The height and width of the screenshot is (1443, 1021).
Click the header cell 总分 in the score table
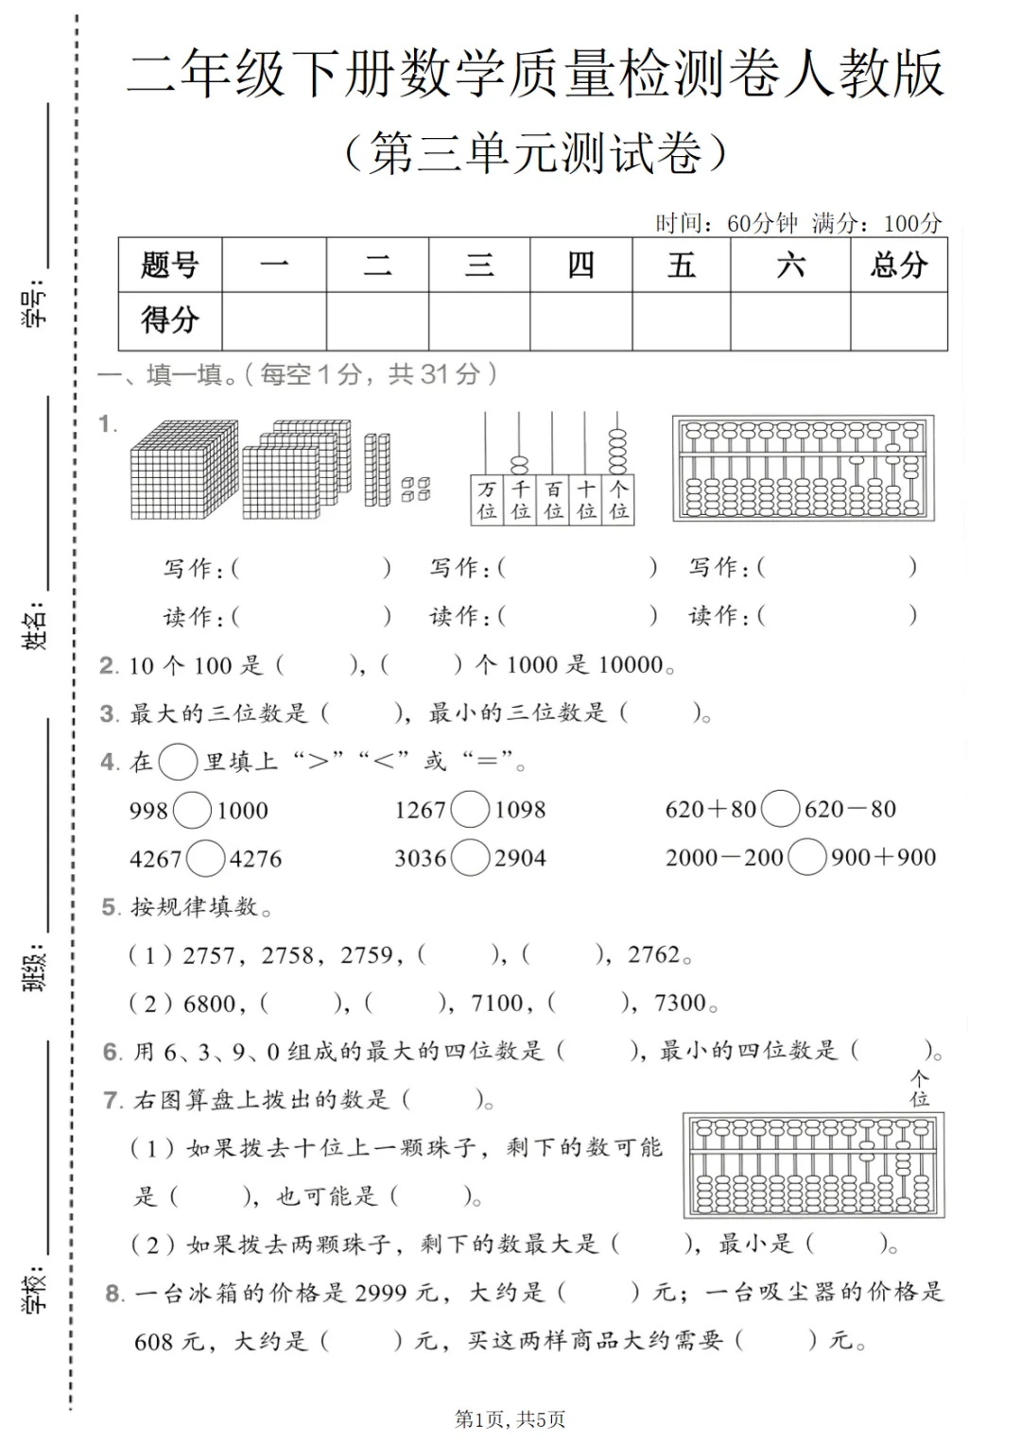898,265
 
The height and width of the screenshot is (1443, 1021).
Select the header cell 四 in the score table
580,265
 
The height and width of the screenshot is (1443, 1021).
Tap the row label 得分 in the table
170,320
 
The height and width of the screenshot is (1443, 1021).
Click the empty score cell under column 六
789,321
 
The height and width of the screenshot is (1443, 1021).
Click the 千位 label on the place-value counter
520,500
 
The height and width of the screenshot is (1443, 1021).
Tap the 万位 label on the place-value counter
487,500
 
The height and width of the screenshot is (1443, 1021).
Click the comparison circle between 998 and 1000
193,810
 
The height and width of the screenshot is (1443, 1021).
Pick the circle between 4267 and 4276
205,858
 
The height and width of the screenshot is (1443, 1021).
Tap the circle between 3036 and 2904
470,858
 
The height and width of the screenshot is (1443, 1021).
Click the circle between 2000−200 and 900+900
806,857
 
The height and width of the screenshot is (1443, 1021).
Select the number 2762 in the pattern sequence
654,954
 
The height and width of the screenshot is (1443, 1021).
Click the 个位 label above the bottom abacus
919,1088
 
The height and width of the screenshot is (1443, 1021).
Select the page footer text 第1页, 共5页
510,1418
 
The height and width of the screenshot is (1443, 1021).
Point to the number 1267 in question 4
420,810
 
